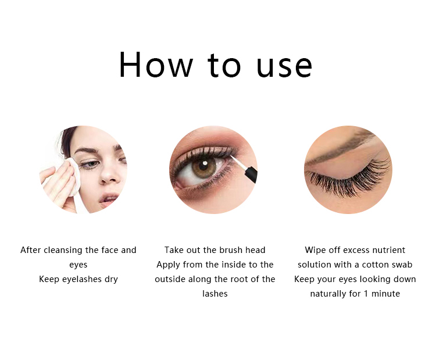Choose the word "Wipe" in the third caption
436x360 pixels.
tap(317, 250)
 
